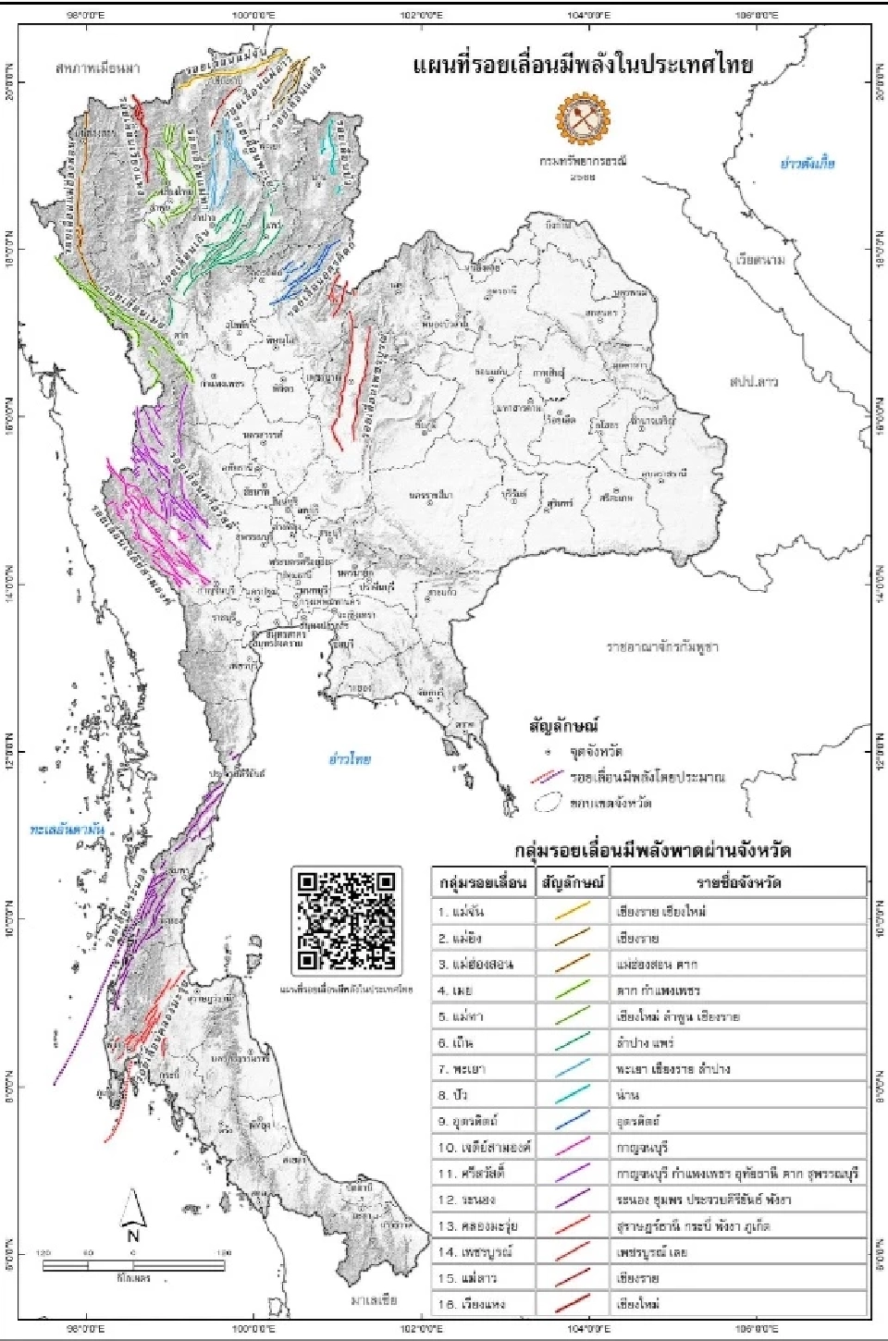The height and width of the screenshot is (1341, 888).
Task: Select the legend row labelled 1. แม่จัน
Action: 482,911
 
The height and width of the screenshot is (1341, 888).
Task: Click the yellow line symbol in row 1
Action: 573,911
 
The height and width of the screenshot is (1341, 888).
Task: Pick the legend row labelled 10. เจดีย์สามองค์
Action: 482,1147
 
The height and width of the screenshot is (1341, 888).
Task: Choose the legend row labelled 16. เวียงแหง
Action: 482,1304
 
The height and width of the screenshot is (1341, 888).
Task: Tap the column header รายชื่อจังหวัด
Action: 738,881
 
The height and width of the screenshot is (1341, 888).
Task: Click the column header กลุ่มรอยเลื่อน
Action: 482,881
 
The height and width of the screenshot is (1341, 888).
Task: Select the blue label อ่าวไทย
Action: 350,758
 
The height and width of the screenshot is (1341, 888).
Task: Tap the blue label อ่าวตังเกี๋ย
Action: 807,163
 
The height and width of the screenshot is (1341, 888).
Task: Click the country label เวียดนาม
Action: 760,260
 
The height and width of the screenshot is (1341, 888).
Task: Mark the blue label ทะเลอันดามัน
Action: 67,830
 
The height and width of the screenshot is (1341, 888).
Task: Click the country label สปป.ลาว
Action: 753,381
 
